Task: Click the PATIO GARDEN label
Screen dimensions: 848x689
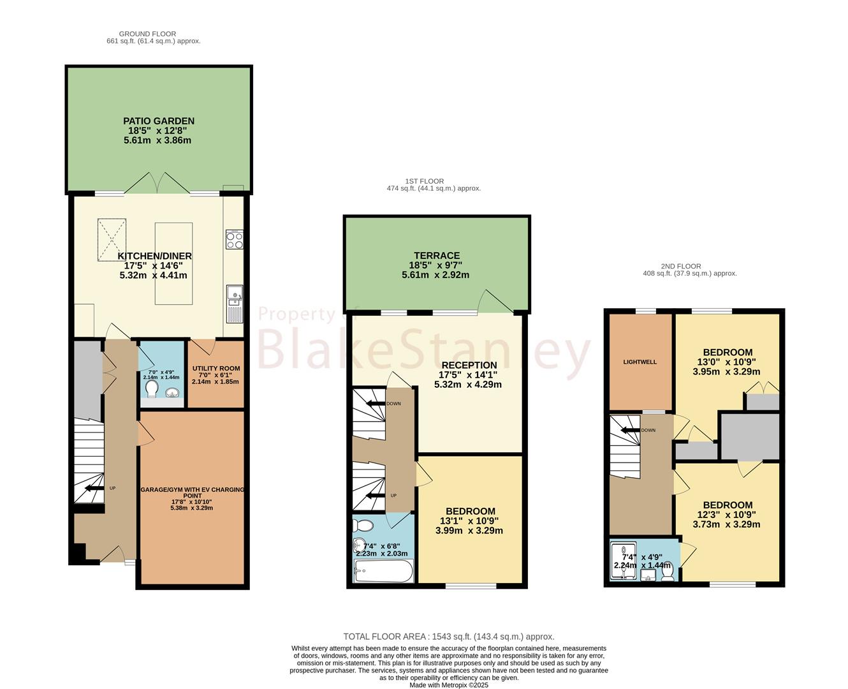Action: [159, 121]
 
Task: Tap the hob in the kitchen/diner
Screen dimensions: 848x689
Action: [235, 239]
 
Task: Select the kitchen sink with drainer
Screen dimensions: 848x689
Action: [235, 304]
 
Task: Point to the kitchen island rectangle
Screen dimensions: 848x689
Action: [173, 263]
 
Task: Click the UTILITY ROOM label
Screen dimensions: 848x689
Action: [216, 368]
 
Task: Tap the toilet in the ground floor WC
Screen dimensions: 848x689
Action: [151, 389]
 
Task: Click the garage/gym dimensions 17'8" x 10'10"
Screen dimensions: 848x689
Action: [191, 502]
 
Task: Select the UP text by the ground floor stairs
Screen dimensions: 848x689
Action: [113, 488]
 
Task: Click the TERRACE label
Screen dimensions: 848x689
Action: [437, 255]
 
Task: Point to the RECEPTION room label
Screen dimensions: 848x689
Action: [469, 365]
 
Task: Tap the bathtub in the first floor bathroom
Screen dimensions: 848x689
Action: [383, 571]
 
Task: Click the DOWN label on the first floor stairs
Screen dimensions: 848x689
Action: [393, 403]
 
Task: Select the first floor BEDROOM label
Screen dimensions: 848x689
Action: [470, 511]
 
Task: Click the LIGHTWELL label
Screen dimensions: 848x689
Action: [640, 362]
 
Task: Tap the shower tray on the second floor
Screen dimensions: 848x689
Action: [624, 560]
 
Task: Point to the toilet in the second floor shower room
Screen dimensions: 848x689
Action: [668, 570]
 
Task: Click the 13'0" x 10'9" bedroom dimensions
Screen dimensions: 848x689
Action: [727, 362]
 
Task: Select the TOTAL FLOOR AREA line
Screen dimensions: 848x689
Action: [449, 636]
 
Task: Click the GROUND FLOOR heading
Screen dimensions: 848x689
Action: [147, 34]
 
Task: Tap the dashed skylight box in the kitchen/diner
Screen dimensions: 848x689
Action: [112, 240]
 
